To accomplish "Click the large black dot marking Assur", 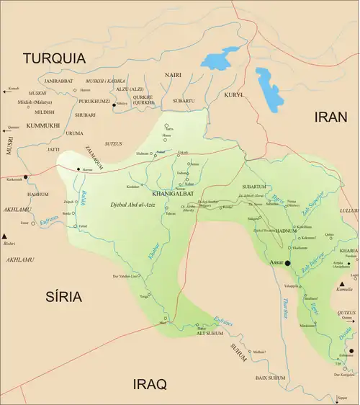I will click(x=287, y=264).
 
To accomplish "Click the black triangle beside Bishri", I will click(x=5, y=236).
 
